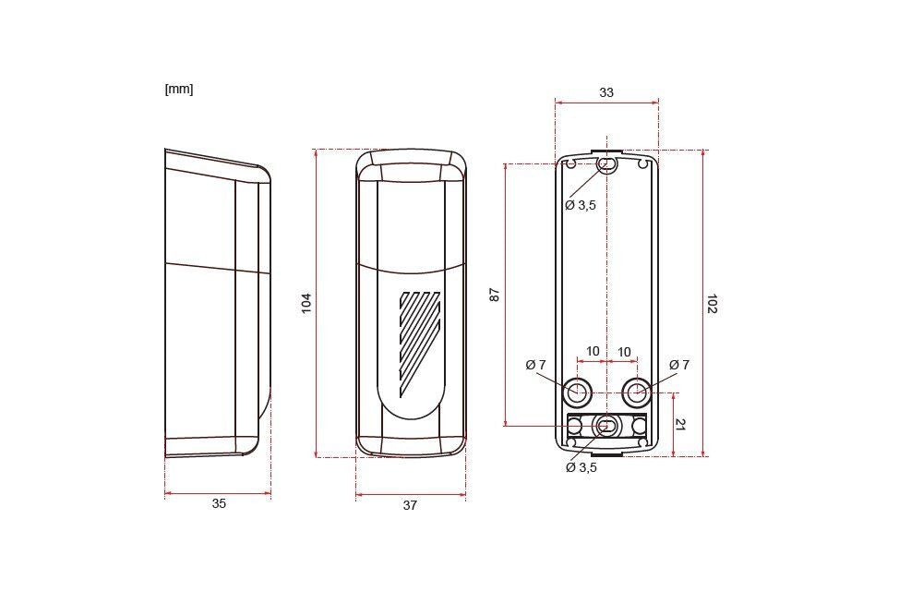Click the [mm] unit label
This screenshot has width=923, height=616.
[179, 90]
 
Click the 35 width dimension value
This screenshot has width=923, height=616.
[219, 503]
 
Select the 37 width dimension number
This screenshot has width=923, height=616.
[411, 505]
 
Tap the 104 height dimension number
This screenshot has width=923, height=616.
[306, 303]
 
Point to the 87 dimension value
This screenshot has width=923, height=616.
[495, 295]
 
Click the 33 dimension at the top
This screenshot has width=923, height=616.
[606, 92]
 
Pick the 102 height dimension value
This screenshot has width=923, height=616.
[713, 303]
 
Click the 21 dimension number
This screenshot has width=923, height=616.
[680, 424]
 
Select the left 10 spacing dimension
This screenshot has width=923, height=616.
[593, 352]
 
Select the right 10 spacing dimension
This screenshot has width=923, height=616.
[624, 352]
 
